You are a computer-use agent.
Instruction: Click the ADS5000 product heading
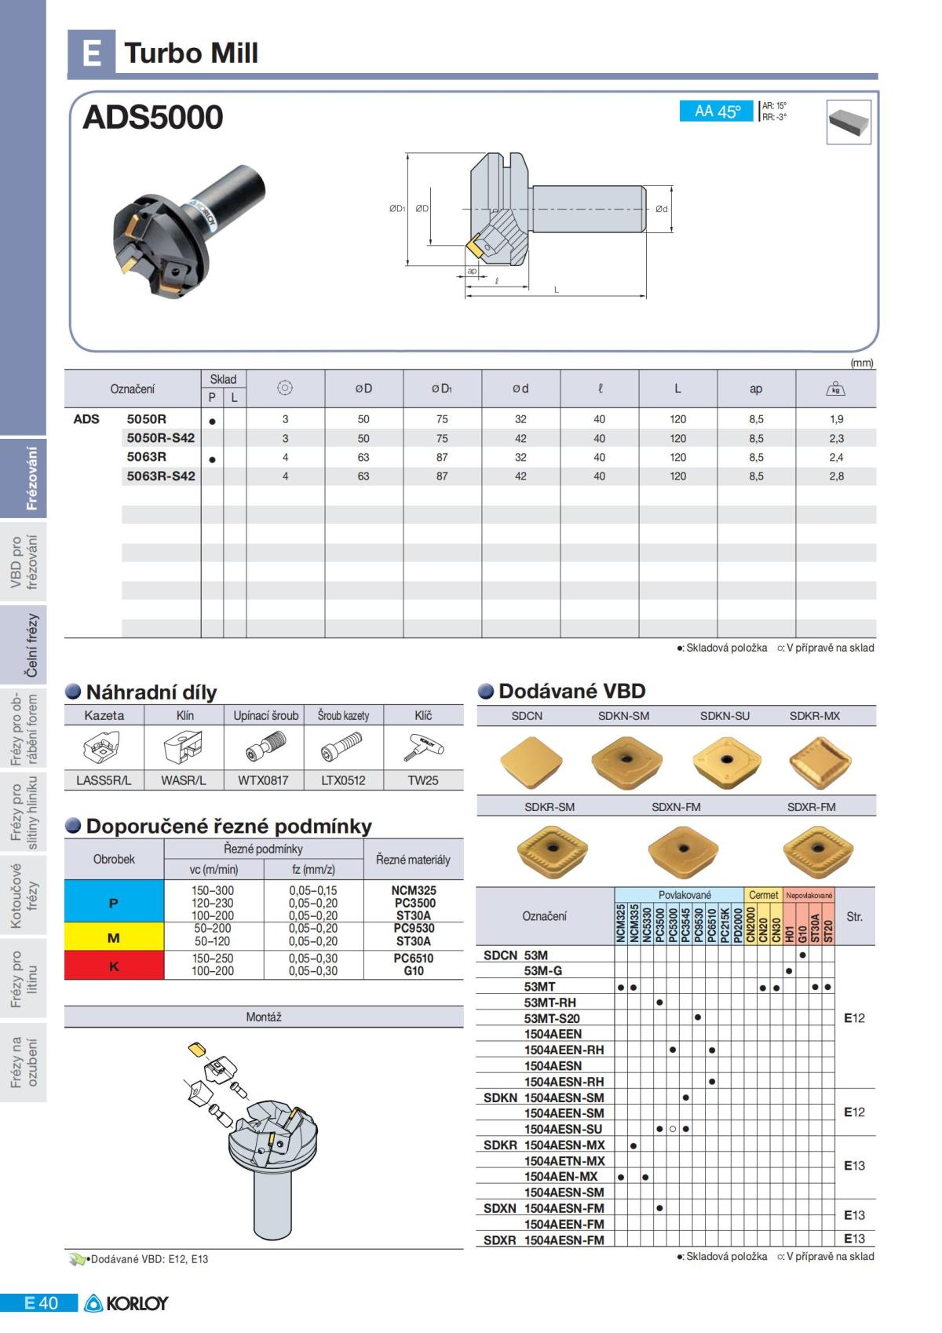click(x=153, y=117)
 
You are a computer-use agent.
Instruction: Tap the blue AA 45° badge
click(x=717, y=111)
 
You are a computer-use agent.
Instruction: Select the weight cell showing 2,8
click(x=836, y=476)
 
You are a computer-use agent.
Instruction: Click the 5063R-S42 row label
click(x=161, y=476)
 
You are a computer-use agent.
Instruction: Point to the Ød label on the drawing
click(x=661, y=209)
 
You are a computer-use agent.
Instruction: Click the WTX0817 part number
click(x=263, y=780)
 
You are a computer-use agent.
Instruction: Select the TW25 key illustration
click(x=423, y=747)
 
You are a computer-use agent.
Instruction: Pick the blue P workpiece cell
click(x=114, y=903)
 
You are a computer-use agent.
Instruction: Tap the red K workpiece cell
click(x=114, y=966)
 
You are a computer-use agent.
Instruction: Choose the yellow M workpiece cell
click(x=114, y=937)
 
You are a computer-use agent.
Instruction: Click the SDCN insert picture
click(x=531, y=761)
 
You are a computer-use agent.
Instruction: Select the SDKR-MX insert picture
click(x=820, y=761)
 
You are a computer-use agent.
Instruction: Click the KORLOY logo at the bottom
click(x=126, y=1303)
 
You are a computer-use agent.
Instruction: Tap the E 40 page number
click(x=41, y=1303)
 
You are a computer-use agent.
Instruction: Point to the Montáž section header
click(x=264, y=1017)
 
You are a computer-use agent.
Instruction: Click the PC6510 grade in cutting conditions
click(x=414, y=958)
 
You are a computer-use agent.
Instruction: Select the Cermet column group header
click(x=763, y=895)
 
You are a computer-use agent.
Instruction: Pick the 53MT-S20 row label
click(x=552, y=1018)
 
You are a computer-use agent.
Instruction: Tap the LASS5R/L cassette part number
click(x=104, y=780)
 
